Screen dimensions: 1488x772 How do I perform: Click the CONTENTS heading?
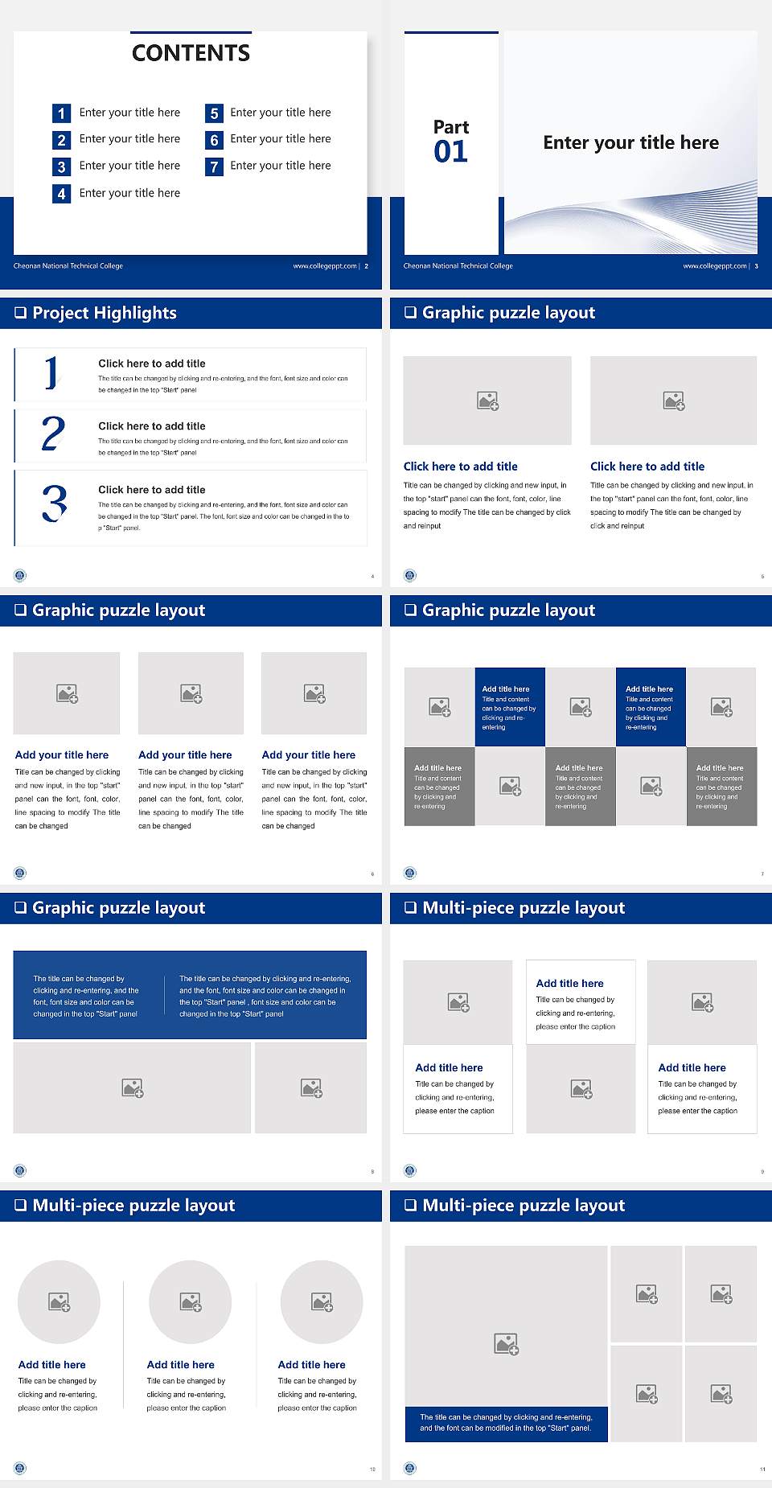(191, 53)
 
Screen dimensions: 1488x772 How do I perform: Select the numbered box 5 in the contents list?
(214, 113)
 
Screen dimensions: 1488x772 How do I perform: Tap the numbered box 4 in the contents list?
(61, 194)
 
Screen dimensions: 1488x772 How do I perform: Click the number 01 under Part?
(450, 151)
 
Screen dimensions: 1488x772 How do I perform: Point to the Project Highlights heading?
(104, 313)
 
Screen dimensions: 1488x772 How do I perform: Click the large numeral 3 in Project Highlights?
(54, 504)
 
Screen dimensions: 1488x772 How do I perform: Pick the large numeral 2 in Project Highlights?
(53, 434)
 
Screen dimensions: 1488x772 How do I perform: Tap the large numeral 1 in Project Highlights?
(51, 373)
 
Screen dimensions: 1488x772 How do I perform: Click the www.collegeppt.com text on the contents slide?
(324, 266)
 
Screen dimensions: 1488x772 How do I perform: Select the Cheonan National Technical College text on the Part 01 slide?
(458, 266)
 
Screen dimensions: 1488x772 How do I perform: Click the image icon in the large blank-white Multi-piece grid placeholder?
(506, 1343)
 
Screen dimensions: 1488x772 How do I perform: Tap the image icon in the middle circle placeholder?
(191, 1301)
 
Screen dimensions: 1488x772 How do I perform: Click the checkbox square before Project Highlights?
(20, 313)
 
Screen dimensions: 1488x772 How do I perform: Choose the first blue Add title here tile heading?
(505, 689)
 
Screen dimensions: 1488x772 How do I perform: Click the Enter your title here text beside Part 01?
(630, 143)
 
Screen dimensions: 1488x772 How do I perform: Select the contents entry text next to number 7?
(280, 166)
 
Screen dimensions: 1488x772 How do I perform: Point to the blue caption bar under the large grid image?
(506, 1423)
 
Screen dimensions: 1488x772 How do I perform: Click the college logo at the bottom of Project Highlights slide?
(20, 575)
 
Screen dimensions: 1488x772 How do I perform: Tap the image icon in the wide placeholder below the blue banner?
(133, 1088)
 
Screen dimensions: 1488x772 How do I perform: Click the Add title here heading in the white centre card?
(569, 983)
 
